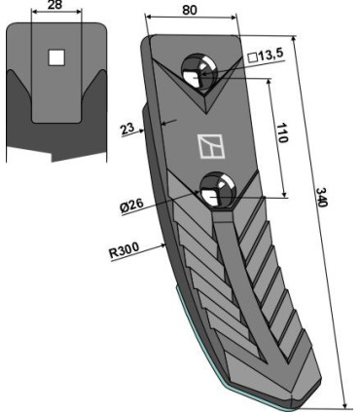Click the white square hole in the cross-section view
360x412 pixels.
click(x=56, y=58)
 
